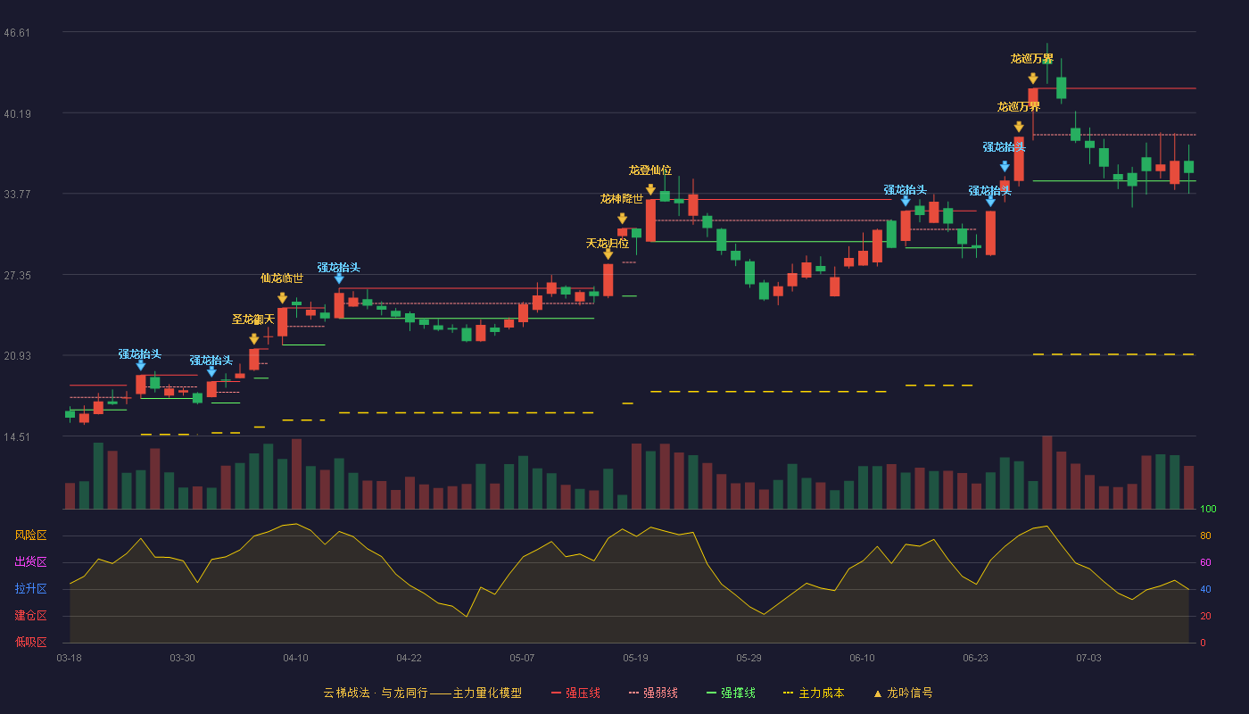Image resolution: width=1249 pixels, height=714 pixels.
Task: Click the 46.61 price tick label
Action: [17, 33]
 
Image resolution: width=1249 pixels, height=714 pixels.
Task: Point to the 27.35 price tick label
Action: [17, 276]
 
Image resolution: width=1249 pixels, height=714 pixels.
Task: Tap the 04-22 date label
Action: [409, 659]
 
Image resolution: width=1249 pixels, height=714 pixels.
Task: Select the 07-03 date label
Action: [1088, 659]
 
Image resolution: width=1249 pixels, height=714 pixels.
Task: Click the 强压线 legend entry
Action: [575, 693]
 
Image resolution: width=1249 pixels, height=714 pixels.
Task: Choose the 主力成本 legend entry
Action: [814, 693]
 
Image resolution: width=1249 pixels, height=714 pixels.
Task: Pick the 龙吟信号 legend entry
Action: [903, 693]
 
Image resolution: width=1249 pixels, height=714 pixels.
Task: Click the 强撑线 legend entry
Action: [731, 693]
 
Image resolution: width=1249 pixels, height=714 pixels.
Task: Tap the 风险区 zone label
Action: [30, 535]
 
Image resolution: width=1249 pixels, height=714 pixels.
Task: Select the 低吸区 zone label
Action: [30, 642]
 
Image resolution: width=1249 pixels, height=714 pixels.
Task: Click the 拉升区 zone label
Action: [30, 588]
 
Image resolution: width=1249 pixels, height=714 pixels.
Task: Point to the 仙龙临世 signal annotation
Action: [282, 278]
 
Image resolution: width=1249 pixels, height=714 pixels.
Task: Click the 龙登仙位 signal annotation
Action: [650, 170]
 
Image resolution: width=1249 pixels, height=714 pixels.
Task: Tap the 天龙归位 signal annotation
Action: [608, 243]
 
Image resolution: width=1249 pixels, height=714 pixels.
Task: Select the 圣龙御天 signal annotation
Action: [253, 320]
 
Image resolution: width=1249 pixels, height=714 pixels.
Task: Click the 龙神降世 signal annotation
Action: [622, 198]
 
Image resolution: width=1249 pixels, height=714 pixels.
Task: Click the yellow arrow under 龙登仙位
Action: [650, 189]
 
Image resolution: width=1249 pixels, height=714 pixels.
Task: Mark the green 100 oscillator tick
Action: [1208, 509]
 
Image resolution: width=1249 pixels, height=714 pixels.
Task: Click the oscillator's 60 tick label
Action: [1205, 562]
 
